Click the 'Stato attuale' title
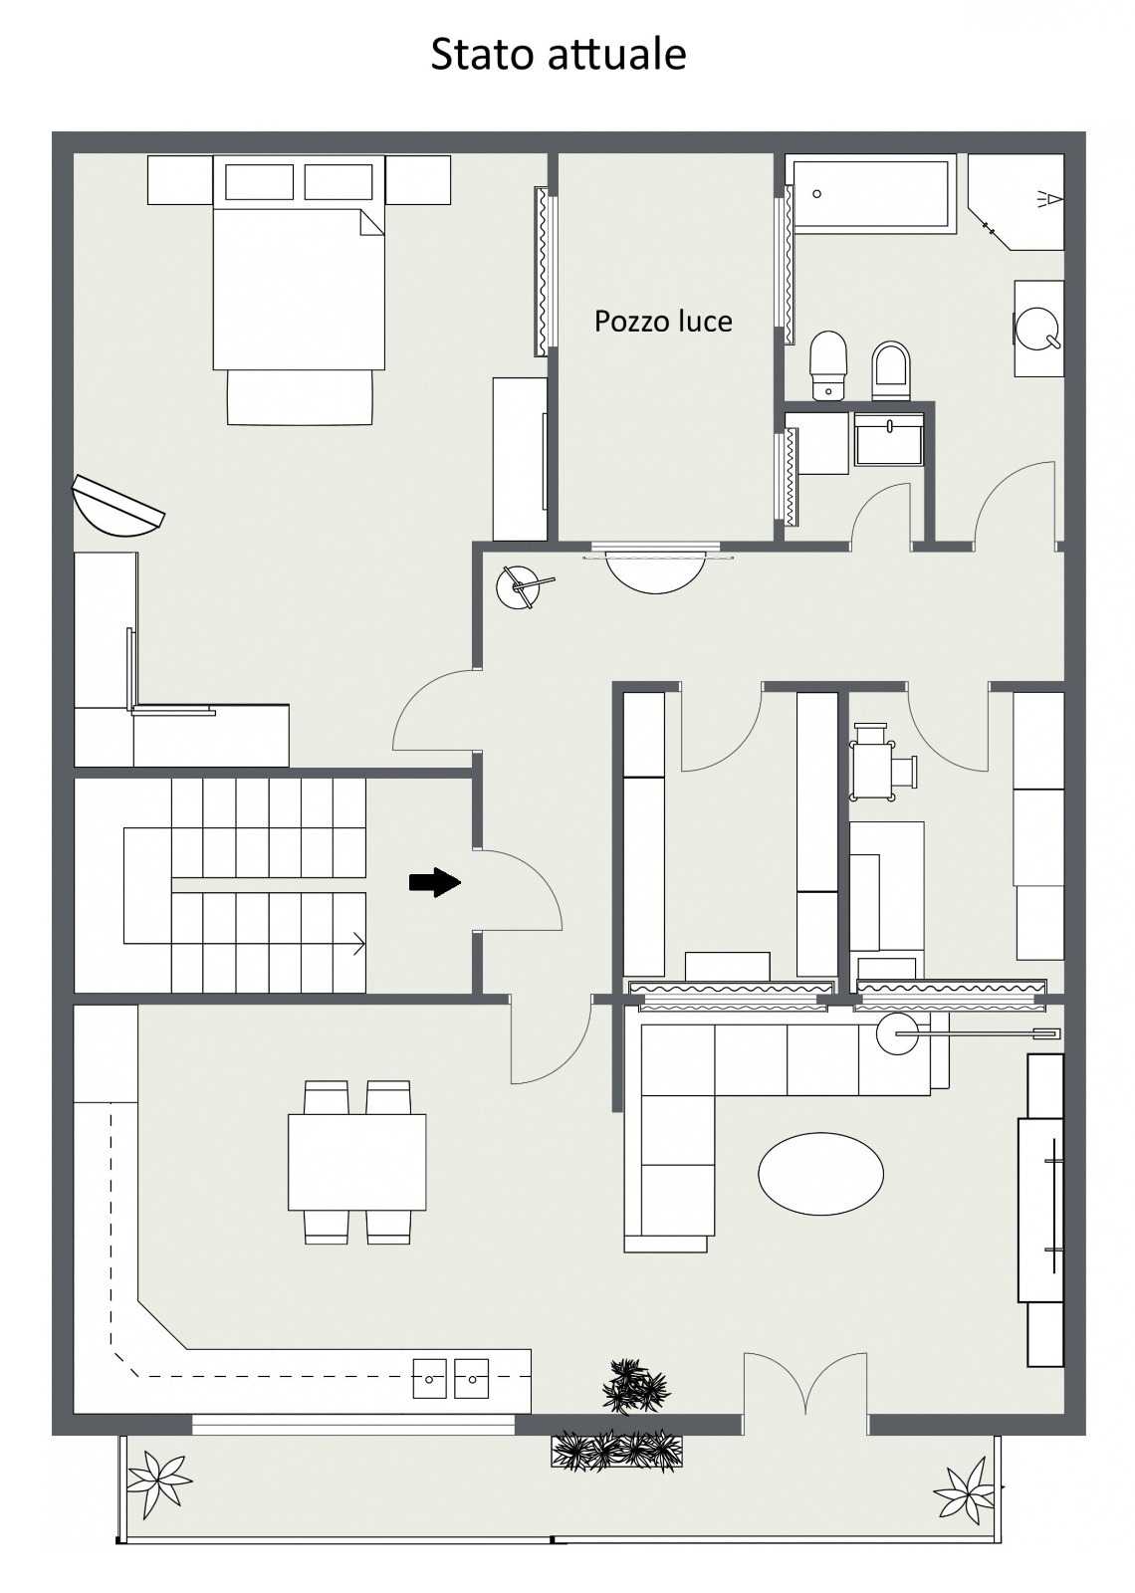[559, 55]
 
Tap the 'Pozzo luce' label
[663, 322]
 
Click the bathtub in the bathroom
[871, 194]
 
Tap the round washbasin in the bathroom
[1037, 329]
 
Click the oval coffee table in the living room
[820, 1174]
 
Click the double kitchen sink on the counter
[451, 1378]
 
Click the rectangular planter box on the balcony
[616, 1452]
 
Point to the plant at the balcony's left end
[158, 1479]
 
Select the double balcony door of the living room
[806, 1387]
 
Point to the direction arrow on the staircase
[359, 945]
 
